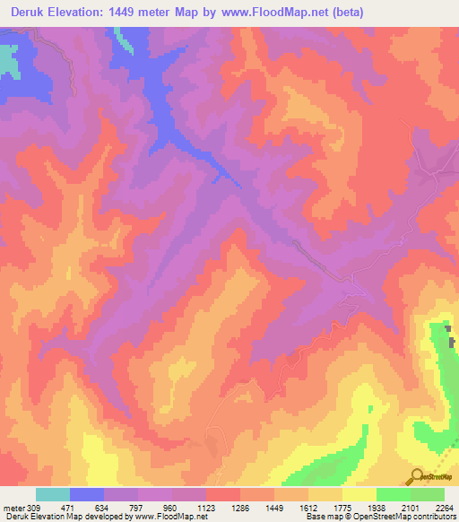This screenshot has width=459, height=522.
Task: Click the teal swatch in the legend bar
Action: pyautogui.click(x=53, y=494)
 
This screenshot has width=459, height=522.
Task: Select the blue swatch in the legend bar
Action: pyautogui.click(x=87, y=494)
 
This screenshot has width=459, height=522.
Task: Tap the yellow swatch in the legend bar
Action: pyautogui.click(x=359, y=494)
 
